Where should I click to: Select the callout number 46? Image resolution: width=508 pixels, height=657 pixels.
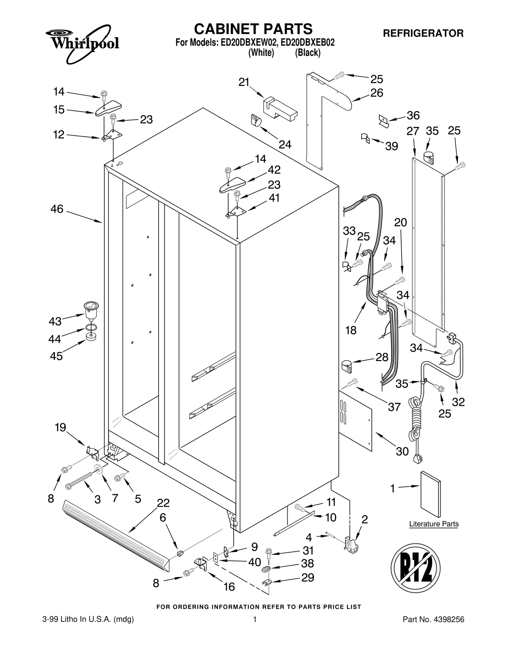coord(57,209)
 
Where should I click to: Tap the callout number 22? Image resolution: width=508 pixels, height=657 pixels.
coord(163,503)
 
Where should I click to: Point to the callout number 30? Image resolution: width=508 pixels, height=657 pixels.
coord(402,451)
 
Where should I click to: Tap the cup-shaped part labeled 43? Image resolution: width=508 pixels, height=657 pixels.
coord(91,310)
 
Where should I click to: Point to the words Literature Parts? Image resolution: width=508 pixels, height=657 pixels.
coord(434,524)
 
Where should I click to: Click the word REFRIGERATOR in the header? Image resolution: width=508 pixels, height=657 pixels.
coord(423,33)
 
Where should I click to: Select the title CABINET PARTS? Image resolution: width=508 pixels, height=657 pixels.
coord(253,29)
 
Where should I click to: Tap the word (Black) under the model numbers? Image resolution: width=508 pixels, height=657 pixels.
coord(307,53)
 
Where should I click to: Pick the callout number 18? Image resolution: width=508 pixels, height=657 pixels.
coord(351,330)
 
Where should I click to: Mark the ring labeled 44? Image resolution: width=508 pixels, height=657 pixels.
coord(91,327)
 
